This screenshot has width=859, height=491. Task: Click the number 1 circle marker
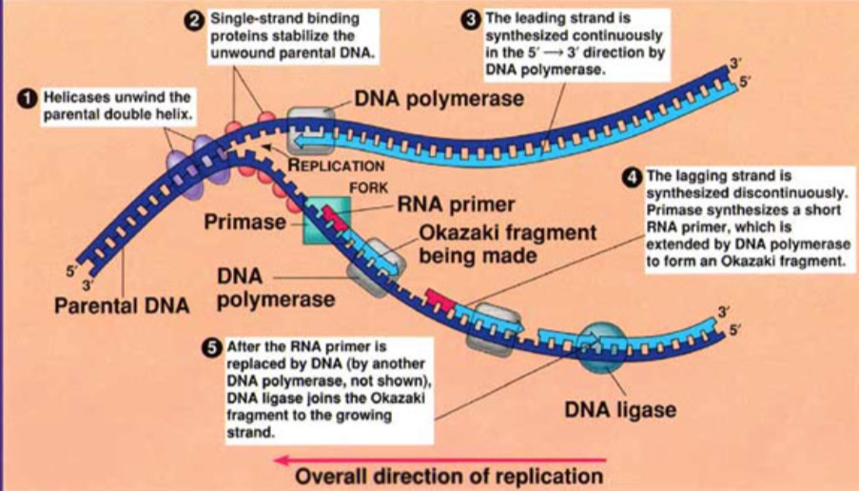pyautogui.click(x=30, y=98)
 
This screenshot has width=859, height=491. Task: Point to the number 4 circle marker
pyautogui.click(x=633, y=177)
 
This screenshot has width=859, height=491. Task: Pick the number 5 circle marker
pyautogui.click(x=213, y=348)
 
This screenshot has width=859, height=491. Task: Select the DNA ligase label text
pyautogui.click(x=619, y=411)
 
